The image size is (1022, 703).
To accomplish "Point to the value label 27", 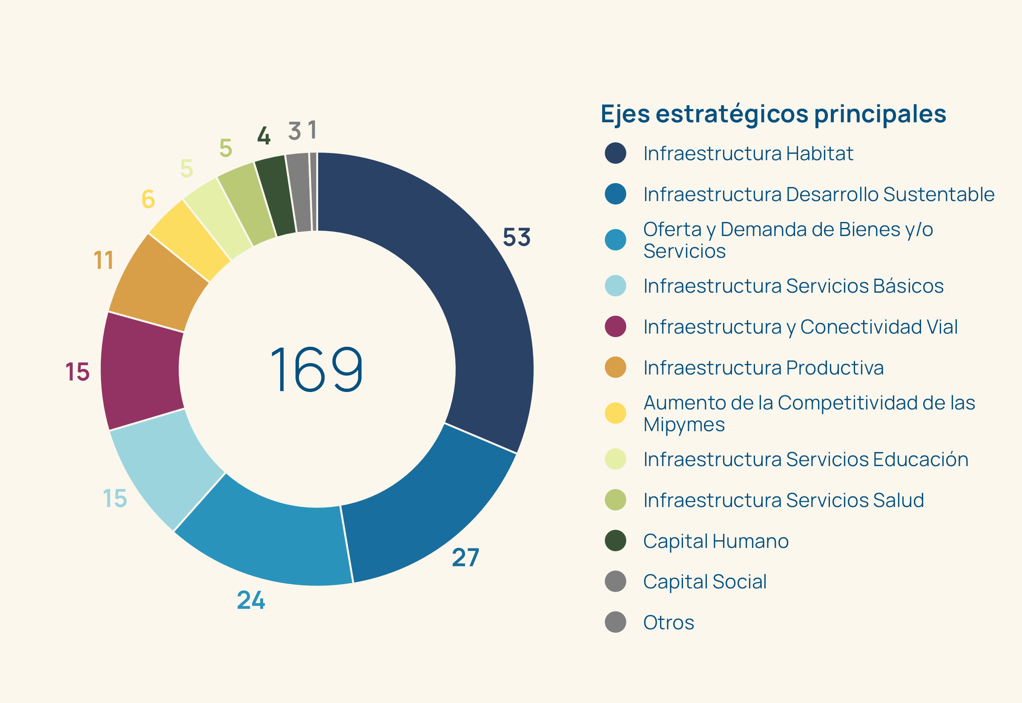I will click(x=465, y=557).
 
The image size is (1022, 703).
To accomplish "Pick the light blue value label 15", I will click(x=115, y=498).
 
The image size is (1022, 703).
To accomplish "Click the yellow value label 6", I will click(x=148, y=199).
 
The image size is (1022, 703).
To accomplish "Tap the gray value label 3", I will click(x=294, y=131).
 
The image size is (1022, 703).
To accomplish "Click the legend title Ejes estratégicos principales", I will click(x=773, y=114).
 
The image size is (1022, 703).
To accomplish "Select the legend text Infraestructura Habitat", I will click(x=748, y=153).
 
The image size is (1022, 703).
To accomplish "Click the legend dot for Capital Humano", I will click(x=615, y=541).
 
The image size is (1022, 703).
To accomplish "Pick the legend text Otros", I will click(x=668, y=622).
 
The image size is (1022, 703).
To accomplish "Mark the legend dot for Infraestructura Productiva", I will click(x=615, y=367).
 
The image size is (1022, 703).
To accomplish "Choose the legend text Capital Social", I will click(x=704, y=582).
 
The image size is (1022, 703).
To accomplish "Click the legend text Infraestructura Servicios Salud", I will click(x=783, y=500).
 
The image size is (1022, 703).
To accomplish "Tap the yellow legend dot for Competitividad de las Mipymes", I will click(x=615, y=413).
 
